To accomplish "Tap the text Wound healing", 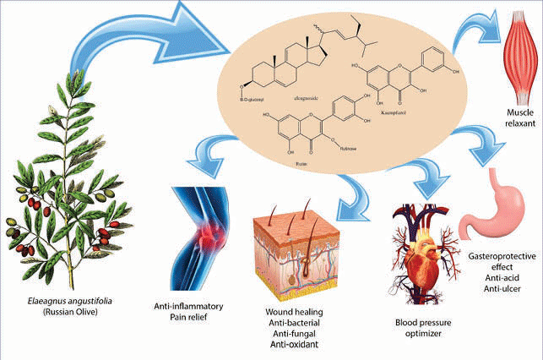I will point(296,310).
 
